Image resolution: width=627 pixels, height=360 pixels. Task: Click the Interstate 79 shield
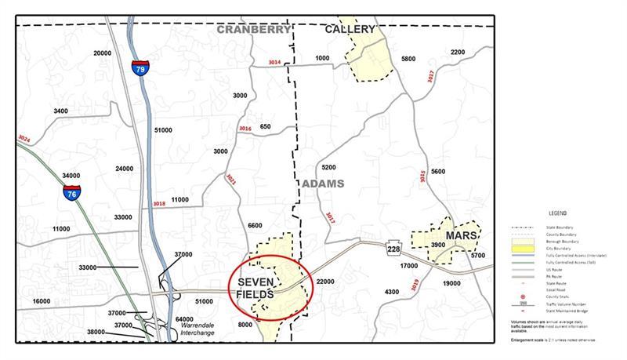(x=140, y=68)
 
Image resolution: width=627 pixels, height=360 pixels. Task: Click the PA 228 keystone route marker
(x=393, y=248)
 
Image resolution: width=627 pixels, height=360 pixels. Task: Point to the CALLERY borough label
(x=350, y=30)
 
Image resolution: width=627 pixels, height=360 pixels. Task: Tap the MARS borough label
(x=462, y=235)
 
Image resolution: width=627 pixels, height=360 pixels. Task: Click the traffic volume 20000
(x=103, y=53)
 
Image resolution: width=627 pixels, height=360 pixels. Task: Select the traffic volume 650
(x=265, y=126)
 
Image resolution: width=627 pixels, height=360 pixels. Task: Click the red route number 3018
(x=159, y=204)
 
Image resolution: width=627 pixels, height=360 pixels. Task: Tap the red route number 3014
(x=274, y=62)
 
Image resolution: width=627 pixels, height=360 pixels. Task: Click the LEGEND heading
(x=558, y=213)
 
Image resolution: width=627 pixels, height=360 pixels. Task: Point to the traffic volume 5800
(x=408, y=59)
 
